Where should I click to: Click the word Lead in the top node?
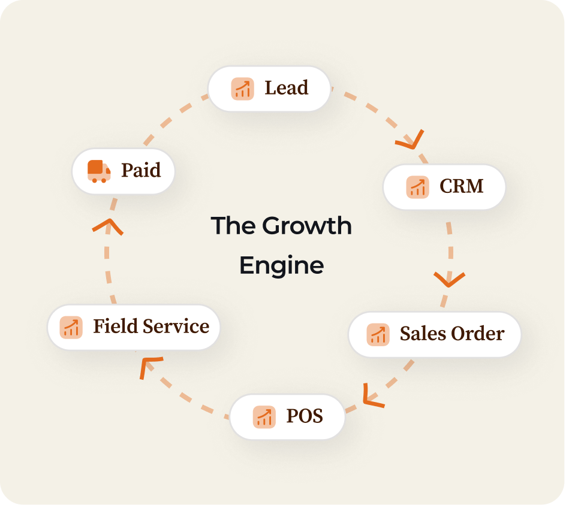tap(287, 88)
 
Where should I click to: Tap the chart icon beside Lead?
tap(242, 89)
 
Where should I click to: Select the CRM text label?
tap(462, 186)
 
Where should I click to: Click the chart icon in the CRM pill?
tap(417, 187)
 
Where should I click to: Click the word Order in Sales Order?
tap(478, 334)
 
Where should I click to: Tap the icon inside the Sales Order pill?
tap(378, 334)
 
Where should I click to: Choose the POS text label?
tap(305, 416)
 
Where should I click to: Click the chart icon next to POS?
tap(264, 416)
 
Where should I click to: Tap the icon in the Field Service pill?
tap(71, 327)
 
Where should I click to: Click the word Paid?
tap(141, 171)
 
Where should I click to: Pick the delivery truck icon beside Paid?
tap(99, 171)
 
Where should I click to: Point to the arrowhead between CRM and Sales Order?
tap(449, 279)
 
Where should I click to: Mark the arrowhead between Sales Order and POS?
tap(372, 397)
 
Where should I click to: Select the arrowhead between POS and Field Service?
tap(149, 366)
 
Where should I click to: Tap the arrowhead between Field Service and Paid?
tap(108, 226)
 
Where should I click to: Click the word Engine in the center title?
tap(281, 265)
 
